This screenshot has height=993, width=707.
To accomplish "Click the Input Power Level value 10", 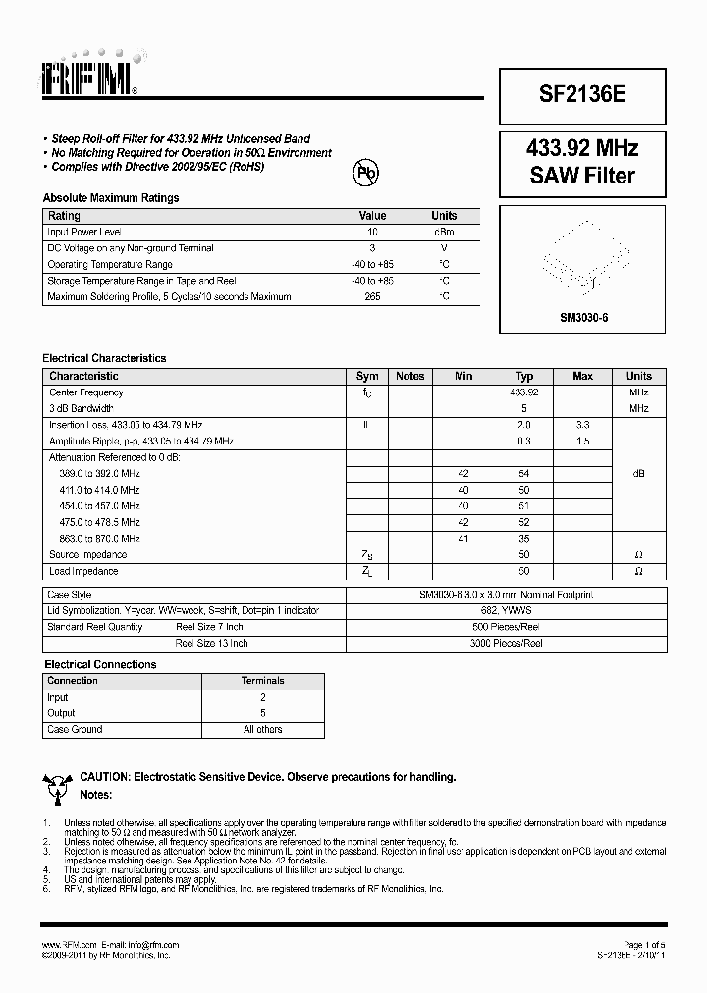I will point(372,232).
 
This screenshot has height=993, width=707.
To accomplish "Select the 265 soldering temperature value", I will point(372,295).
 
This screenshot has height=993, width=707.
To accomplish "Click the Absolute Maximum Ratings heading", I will point(111,198).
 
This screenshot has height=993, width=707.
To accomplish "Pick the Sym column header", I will point(367,376).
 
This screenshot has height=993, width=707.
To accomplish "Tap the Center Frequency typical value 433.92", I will point(524,392).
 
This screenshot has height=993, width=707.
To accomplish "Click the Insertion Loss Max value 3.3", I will point(582,425).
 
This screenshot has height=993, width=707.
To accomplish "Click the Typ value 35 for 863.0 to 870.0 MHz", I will point(524,539).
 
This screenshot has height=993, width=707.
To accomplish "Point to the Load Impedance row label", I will point(83,571).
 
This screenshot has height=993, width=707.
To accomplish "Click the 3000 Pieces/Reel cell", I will point(507,643).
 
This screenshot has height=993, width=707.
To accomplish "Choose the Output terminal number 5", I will point(262,713).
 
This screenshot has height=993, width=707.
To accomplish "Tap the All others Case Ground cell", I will point(262,729).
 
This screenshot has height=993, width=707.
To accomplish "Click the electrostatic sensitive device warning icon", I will point(56,784).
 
